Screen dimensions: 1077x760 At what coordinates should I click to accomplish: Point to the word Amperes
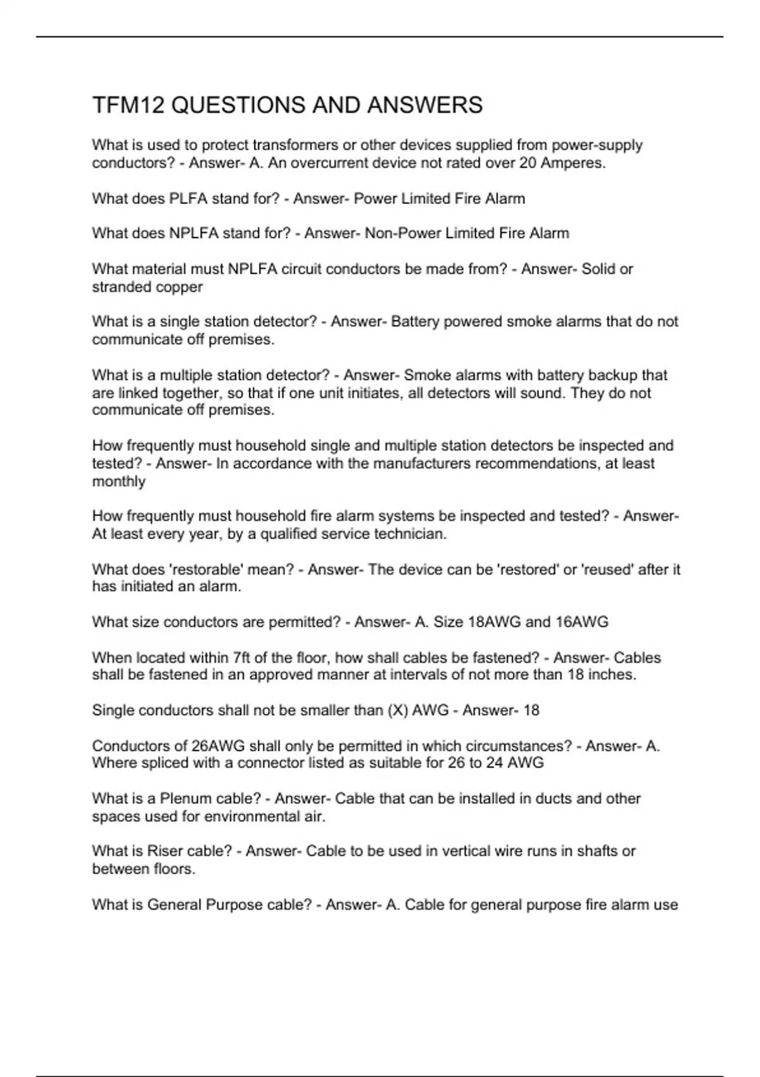tap(574, 163)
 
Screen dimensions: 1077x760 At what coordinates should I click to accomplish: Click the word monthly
tap(118, 481)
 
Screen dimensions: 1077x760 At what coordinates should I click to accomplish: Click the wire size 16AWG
tap(581, 622)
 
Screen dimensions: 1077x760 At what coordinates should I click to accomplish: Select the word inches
tap(611, 675)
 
